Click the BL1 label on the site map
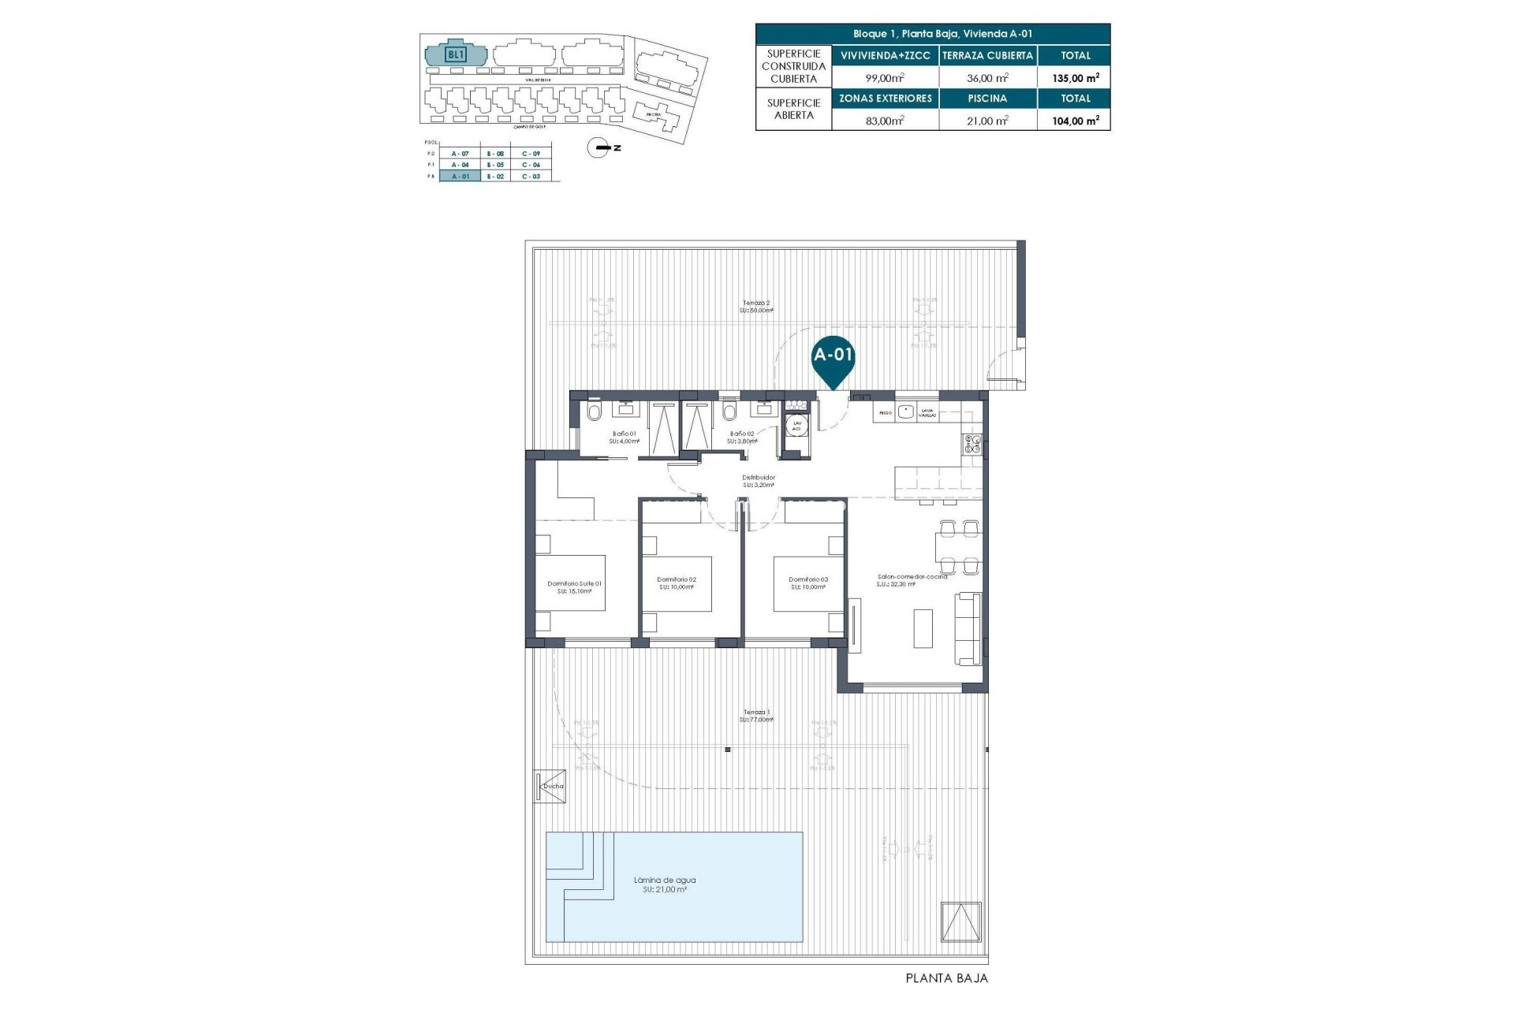tap(456, 54)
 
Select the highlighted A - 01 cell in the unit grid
tap(460, 177)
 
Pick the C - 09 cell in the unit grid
tap(531, 154)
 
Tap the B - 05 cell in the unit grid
tap(495, 165)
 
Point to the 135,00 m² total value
tap(1075, 78)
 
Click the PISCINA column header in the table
tap(987, 99)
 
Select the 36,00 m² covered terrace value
tap(987, 78)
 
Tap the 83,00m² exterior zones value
tap(885, 121)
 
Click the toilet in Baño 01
tap(594, 411)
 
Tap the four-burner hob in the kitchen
tap(971, 445)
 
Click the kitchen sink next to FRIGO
tap(906, 411)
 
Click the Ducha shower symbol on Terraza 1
tap(550, 786)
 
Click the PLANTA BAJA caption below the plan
tap(946, 978)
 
